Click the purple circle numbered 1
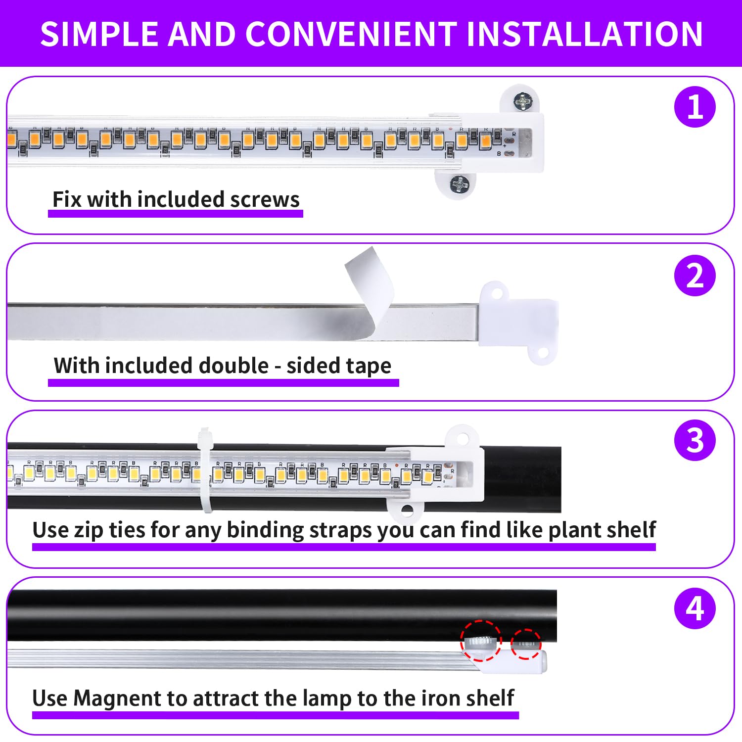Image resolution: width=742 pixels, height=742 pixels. tap(695, 107)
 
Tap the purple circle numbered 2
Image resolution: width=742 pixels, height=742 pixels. tap(695, 276)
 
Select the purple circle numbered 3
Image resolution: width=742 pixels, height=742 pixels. tap(695, 440)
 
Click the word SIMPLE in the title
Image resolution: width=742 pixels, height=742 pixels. tap(99, 34)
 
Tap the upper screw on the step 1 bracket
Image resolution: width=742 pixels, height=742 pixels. tap(522, 102)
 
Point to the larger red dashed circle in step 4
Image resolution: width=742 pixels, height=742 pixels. tap(480, 641)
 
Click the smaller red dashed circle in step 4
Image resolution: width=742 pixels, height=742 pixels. tap(526, 644)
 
